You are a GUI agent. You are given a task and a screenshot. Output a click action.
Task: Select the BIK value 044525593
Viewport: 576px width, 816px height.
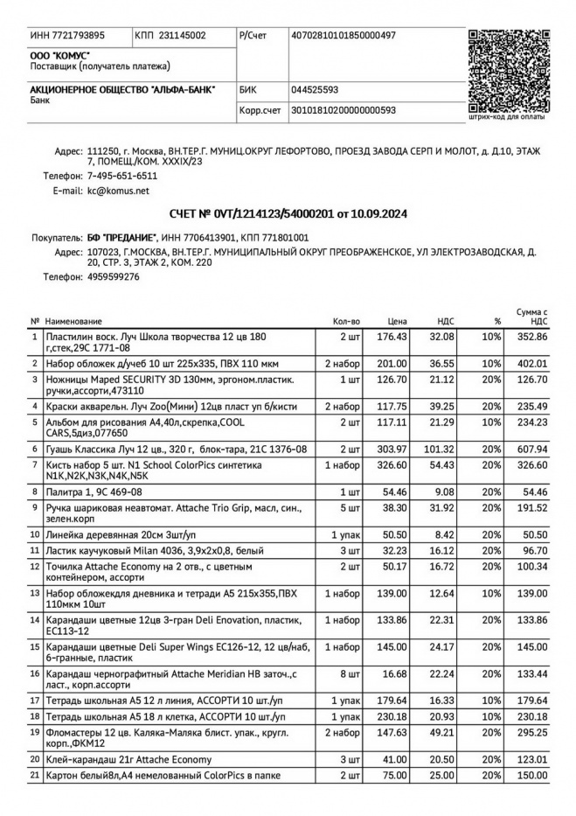pos(315,90)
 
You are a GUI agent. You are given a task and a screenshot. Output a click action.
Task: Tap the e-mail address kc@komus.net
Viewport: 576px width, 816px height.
pos(118,190)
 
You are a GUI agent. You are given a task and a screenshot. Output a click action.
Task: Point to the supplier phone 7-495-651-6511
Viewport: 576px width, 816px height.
pos(122,176)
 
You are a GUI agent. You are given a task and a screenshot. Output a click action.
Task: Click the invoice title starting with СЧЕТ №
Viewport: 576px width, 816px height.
pos(288,214)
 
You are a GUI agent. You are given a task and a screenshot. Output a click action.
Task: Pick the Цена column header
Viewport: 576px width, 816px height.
pos(398,322)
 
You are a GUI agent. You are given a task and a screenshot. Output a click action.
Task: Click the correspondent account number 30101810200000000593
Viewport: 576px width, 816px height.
pos(344,110)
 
